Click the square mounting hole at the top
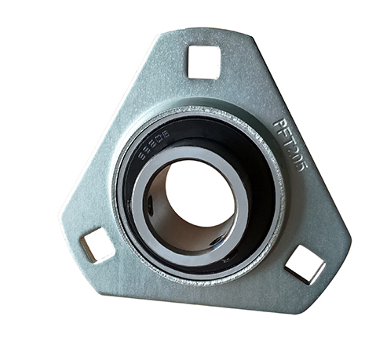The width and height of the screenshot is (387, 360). [x=204, y=62]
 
